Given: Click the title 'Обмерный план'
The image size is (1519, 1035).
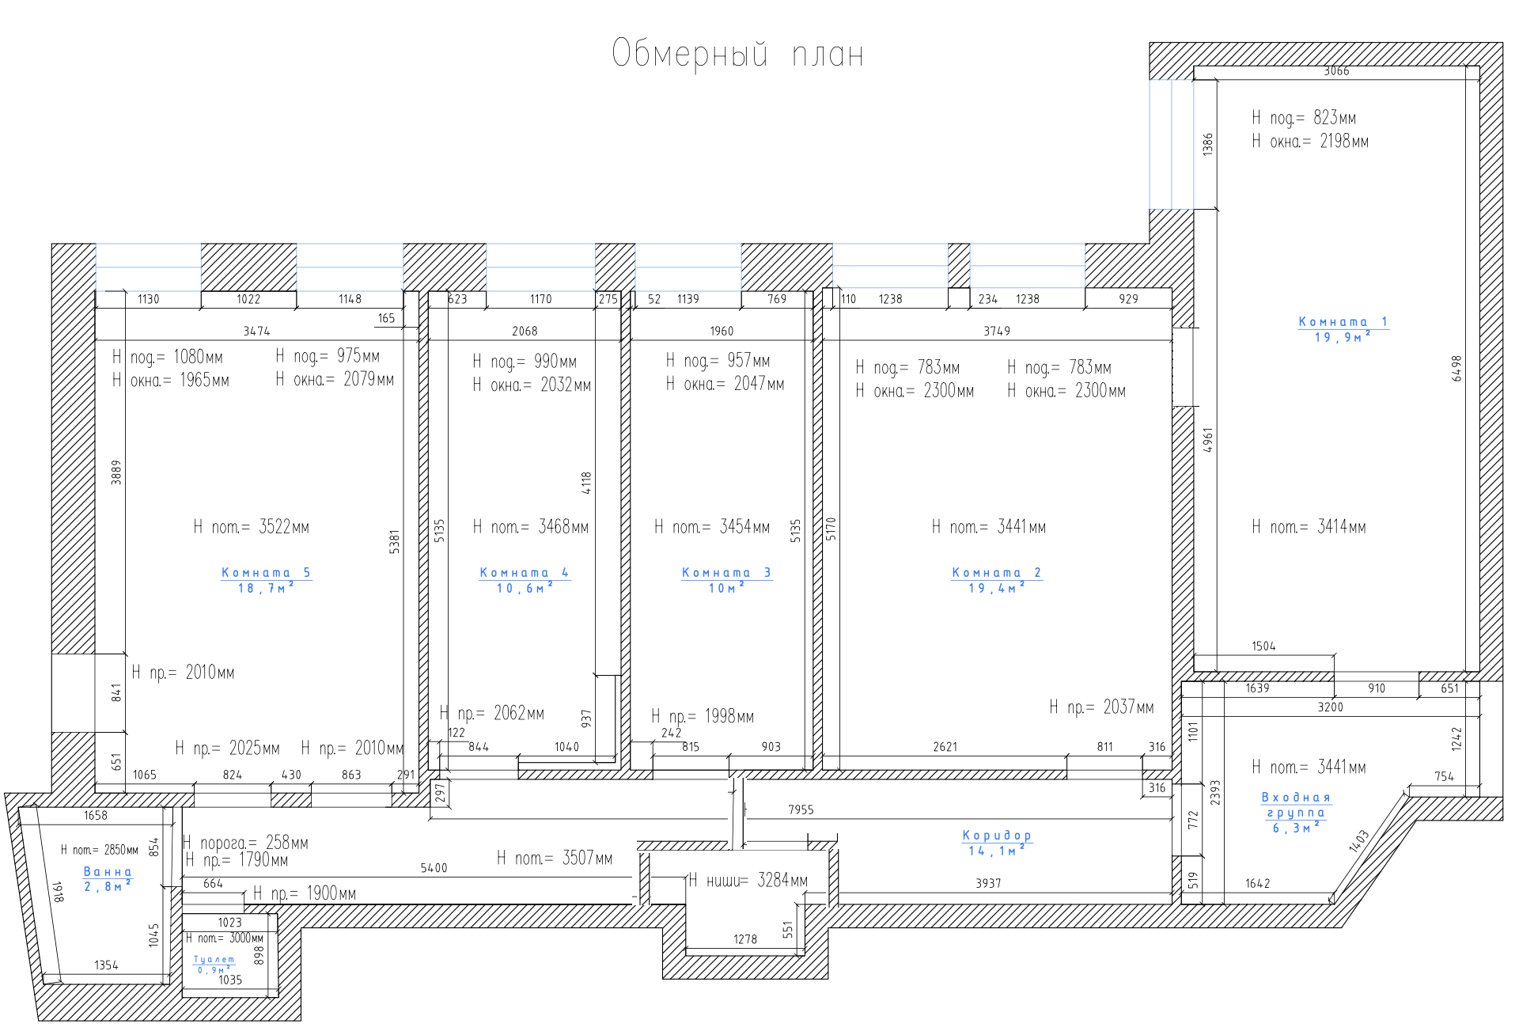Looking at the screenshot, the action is click(737, 54).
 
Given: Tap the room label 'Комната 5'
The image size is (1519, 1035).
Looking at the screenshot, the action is click(266, 573).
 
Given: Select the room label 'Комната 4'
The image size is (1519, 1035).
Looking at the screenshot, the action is click(524, 573).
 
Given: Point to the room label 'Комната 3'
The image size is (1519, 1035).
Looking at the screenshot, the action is click(726, 573).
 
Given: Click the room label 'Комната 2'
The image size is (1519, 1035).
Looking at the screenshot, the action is click(996, 573).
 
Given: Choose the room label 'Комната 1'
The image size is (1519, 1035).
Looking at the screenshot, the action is click(1343, 322).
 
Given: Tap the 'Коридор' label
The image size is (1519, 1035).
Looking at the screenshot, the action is click(997, 836).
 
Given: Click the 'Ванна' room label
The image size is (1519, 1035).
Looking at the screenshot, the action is click(108, 872).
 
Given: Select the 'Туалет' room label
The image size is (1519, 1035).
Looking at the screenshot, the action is click(214, 959).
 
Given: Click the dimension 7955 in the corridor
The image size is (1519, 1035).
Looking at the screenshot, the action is click(801, 809).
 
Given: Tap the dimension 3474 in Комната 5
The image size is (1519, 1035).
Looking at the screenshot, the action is click(256, 331).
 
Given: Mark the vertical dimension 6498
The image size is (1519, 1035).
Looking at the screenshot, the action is click(1456, 368).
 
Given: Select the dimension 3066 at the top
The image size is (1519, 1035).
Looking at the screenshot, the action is click(1336, 71).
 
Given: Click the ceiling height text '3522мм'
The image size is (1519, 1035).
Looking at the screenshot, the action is click(284, 527).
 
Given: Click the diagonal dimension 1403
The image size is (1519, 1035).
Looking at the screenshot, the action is click(1358, 841).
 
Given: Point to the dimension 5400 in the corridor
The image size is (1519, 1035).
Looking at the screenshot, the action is click(434, 868).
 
